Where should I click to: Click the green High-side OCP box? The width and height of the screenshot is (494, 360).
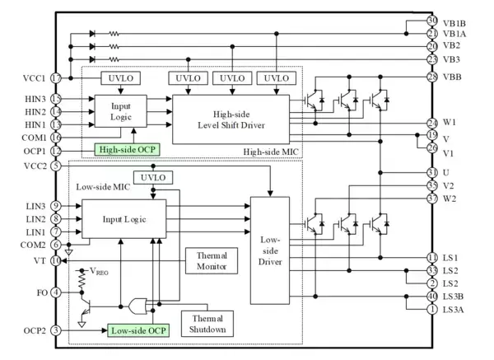click(x=127, y=149)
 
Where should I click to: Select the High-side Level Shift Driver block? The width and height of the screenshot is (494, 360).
click(x=231, y=117)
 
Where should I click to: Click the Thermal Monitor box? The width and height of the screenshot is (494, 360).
click(x=211, y=263)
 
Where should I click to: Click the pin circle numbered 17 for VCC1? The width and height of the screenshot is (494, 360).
click(x=57, y=78)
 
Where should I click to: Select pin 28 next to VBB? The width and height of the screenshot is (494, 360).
click(x=431, y=77)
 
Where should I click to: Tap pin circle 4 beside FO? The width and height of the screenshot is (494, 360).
click(x=57, y=291)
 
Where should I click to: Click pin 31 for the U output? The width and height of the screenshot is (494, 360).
click(x=431, y=171)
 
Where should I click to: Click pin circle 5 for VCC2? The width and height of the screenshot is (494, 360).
click(x=57, y=165)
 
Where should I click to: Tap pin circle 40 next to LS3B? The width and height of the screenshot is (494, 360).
click(x=431, y=296)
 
